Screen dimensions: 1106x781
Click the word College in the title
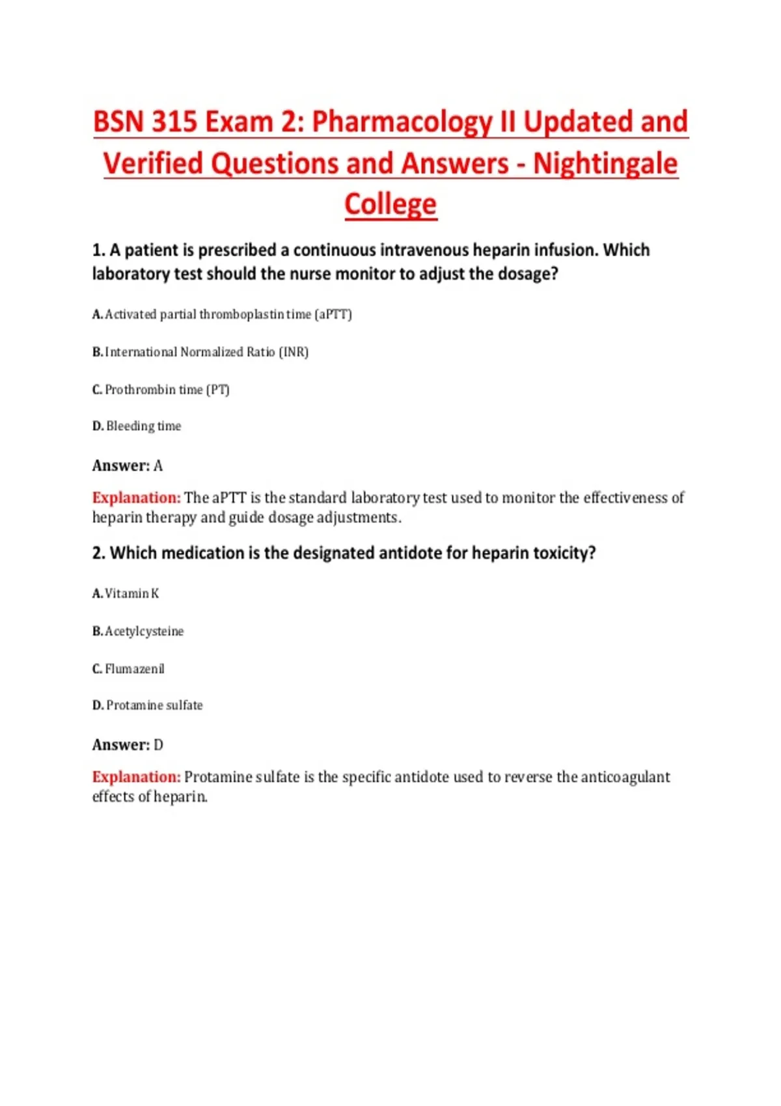pos(390,204)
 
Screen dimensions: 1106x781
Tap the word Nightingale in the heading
pos(605,163)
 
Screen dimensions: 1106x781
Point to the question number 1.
pos(98,250)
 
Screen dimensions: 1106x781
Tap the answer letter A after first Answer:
pos(158,466)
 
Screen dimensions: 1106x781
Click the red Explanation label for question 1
pos(136,498)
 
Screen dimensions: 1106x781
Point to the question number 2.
pos(98,553)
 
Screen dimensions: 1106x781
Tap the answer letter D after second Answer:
pos(158,745)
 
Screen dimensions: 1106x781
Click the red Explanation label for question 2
pos(136,777)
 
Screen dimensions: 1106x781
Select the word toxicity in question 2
pos(564,553)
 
